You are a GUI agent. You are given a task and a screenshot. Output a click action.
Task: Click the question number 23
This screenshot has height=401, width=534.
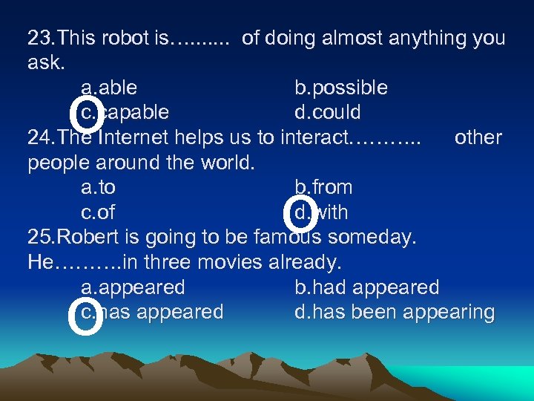coord(41,38)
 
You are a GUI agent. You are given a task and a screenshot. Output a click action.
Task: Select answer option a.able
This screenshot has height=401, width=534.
coord(109,88)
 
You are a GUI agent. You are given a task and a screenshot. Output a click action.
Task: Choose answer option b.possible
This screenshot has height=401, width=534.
coord(340,88)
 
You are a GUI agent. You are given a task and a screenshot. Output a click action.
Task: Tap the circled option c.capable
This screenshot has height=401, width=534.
coord(125,113)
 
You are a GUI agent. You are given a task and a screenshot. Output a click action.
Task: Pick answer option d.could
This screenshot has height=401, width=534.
coord(327,113)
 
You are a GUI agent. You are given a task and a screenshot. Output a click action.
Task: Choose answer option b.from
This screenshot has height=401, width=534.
coord(323,187)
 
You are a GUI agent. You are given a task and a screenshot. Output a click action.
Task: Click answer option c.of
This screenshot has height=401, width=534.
coord(98,212)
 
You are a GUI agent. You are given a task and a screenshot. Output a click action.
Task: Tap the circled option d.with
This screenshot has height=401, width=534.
coord(320,212)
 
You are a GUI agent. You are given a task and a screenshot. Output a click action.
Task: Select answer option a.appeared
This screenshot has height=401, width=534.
coord(133,287)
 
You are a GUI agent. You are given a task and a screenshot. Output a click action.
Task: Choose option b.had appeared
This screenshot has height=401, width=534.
coord(366,287)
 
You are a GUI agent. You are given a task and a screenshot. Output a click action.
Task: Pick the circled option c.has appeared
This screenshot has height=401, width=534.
coord(151,312)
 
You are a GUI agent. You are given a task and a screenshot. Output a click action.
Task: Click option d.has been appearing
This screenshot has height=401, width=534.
coord(394,312)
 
